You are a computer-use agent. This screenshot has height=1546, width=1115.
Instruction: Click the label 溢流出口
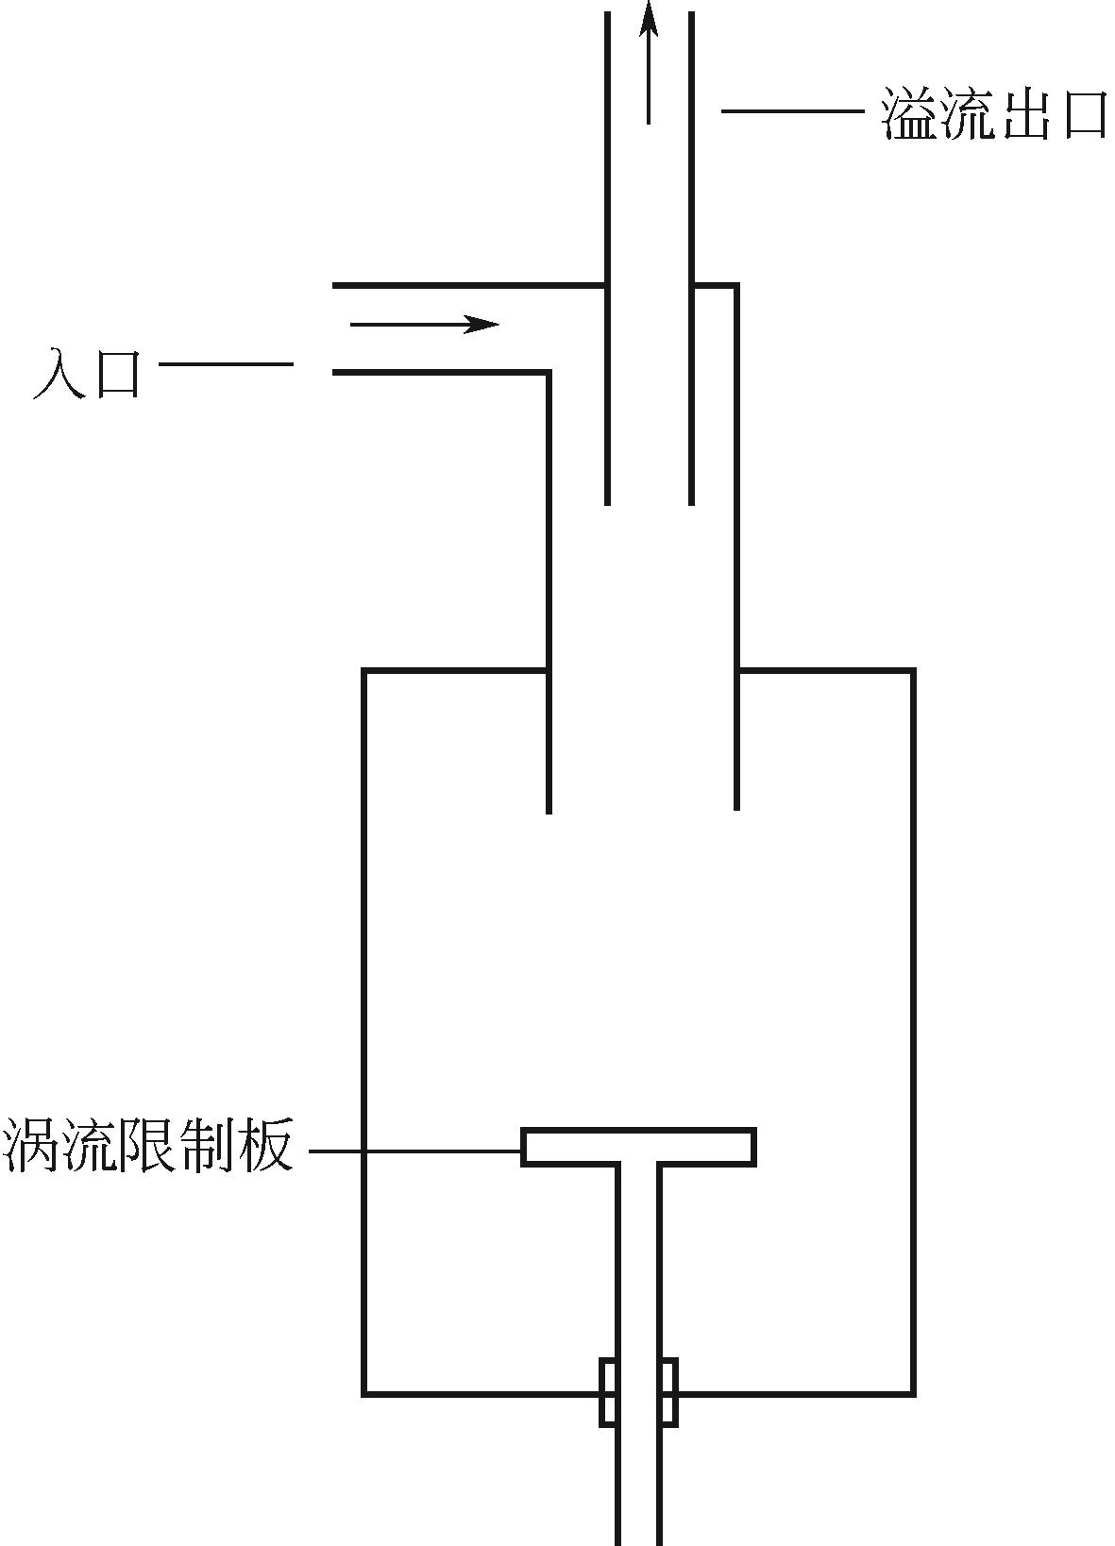(993, 114)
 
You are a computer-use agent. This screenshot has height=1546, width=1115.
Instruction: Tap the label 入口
(87, 373)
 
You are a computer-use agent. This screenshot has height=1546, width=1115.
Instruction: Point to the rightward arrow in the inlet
(424, 325)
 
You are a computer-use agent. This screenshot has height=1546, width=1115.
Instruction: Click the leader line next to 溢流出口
(793, 111)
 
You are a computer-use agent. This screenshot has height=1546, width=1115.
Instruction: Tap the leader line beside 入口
(227, 363)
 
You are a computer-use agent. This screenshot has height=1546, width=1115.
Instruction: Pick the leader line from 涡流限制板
(415, 1151)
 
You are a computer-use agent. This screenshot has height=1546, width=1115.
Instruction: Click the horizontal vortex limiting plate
(638, 1147)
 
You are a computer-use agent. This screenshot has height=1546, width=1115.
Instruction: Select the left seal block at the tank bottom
(609, 1392)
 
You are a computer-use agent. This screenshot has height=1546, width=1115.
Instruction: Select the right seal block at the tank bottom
(667, 1392)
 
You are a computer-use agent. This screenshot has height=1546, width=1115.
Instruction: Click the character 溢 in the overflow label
(910, 114)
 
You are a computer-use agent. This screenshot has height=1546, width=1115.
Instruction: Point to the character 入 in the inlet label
(59, 373)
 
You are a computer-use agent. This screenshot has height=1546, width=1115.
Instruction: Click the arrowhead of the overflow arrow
(648, 19)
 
